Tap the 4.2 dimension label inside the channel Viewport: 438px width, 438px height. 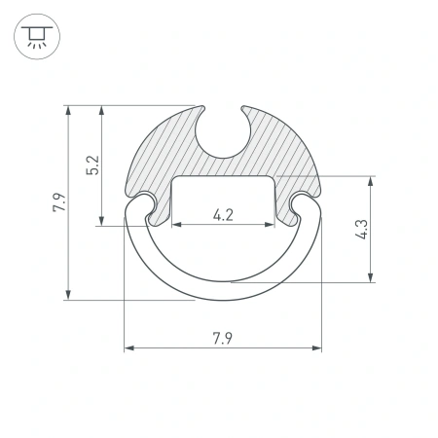[x=222, y=215]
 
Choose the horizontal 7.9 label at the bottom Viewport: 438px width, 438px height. [x=222, y=338]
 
